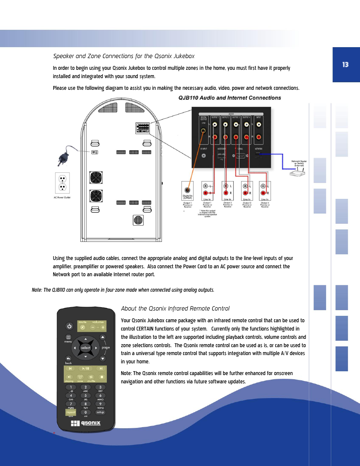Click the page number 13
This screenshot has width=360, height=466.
coord(345,65)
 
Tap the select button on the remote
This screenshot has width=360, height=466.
coord(86,348)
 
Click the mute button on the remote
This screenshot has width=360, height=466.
coord(83,328)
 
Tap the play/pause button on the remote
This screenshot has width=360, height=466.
coord(86,369)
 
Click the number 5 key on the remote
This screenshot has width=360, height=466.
coord(86,395)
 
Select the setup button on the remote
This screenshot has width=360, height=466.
coord(100,412)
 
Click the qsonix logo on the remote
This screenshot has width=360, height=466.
coord(86,423)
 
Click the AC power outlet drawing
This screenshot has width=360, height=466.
coord(63,183)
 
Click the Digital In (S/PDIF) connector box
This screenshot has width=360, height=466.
coord(188,191)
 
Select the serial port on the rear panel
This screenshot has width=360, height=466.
coord(240,156)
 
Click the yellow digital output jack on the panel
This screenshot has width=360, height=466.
coord(203,131)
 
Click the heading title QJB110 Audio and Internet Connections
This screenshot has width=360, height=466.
coord(229,98)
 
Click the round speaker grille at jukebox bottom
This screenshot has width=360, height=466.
coord(138,220)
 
